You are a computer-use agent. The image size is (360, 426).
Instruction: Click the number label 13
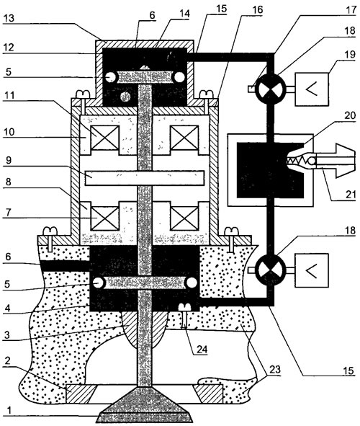tap(9, 19)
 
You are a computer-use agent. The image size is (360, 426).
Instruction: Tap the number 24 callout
tap(201, 349)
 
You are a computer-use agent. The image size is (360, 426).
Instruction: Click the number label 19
tap(350, 55)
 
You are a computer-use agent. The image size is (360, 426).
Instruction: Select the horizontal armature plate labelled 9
tap(144, 178)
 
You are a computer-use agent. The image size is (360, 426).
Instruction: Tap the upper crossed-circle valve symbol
tap(269, 89)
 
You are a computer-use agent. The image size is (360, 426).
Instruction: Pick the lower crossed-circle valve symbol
tap(269, 270)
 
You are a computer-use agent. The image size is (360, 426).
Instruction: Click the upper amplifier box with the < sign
tap(312, 89)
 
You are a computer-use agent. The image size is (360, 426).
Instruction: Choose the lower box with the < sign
tap(312, 270)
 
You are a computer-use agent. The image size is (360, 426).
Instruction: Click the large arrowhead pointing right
tap(345, 161)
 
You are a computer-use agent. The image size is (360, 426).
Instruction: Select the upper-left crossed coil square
tap(105, 137)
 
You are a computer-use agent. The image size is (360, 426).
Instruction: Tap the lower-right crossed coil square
tap(184, 218)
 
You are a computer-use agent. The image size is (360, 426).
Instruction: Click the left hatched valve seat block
tap(81, 394)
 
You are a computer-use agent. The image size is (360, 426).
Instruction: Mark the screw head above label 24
tap(184, 306)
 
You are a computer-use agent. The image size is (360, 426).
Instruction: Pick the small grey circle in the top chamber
tap(125, 97)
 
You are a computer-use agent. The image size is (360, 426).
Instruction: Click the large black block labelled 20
tap(270, 170)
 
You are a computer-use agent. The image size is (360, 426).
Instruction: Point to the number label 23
tap(274, 369)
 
